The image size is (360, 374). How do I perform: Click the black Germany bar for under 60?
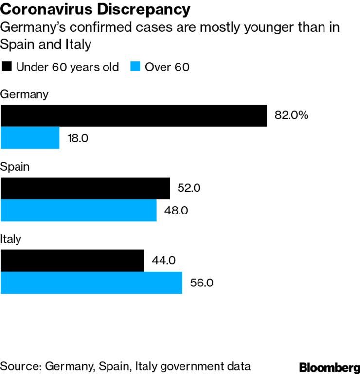134,116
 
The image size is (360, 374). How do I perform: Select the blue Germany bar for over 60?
30,138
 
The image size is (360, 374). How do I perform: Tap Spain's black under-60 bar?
85,188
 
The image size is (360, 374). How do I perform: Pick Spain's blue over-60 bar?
78,211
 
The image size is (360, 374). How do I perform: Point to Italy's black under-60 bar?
72,261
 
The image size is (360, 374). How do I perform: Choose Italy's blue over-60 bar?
91,283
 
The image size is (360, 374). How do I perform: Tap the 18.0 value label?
78,138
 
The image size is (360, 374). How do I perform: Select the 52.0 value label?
189,188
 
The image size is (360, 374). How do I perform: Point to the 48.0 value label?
176,211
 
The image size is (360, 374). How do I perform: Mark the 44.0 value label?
163,261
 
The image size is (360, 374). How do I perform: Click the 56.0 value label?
201,283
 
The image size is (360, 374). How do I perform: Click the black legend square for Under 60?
6,67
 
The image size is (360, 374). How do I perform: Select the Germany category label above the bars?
24,94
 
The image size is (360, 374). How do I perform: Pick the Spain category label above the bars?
15,167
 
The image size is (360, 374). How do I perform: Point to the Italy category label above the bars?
11,239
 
